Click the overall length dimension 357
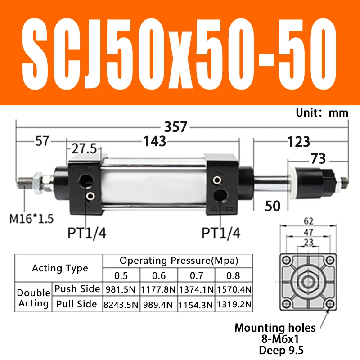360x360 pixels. point(176,127)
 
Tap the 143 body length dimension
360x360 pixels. point(155,141)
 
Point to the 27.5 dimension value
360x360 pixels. point(84,148)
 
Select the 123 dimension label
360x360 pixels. point(299,142)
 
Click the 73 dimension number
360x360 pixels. point(319,159)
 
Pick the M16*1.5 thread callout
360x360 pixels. point(31,219)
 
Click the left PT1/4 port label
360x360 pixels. point(87,233)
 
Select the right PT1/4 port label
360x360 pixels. point(221,233)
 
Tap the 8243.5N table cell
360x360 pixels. point(121,305)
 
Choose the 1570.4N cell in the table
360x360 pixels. point(234,289)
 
